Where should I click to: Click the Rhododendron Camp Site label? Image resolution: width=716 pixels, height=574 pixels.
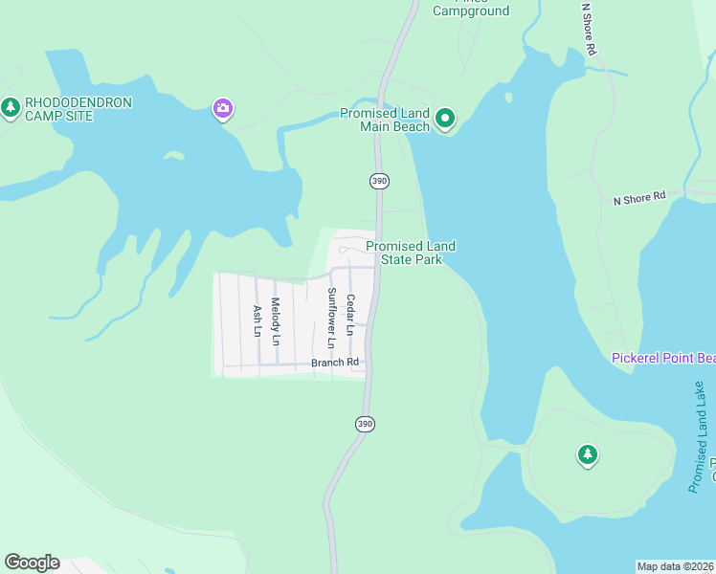click(x=78, y=109)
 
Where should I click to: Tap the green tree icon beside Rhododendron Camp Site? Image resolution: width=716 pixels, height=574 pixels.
click(x=11, y=107)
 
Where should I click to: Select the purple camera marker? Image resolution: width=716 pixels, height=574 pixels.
click(x=222, y=109)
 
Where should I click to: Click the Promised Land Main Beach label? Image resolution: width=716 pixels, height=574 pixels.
click(x=385, y=120)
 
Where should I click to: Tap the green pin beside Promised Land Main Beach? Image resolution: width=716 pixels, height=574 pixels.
click(x=445, y=119)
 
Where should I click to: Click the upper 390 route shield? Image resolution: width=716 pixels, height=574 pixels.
click(x=379, y=181)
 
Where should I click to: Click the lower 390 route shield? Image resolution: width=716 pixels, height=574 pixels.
click(x=364, y=424)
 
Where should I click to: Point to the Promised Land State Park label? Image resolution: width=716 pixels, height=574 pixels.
click(x=411, y=253)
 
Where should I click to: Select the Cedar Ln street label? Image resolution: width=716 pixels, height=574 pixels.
click(x=351, y=314)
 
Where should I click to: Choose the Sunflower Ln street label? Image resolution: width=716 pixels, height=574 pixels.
click(x=332, y=317)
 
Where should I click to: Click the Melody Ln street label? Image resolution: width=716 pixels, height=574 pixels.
click(x=276, y=320)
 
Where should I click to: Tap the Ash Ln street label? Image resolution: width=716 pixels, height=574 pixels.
click(x=257, y=320)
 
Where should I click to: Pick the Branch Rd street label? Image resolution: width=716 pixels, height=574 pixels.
click(x=335, y=363)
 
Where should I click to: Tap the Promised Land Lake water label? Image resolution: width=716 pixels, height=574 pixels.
click(x=702, y=437)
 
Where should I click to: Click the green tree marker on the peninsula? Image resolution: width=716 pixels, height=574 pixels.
click(x=588, y=454)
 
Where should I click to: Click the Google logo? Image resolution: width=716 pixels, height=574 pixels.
click(x=32, y=563)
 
